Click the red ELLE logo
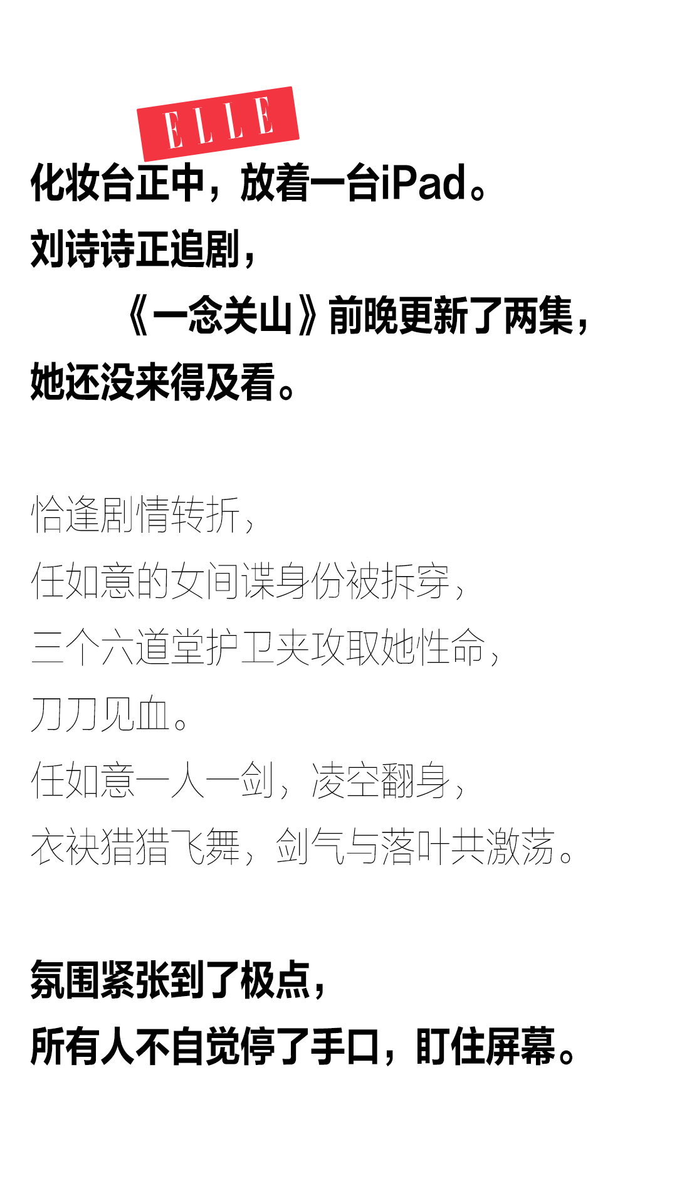(218, 123)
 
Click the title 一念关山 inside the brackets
(223, 315)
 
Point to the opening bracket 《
(137, 315)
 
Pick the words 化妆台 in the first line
(83, 182)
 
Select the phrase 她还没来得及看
(152, 382)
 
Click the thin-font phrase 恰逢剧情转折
(135, 515)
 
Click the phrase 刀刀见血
(100, 714)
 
